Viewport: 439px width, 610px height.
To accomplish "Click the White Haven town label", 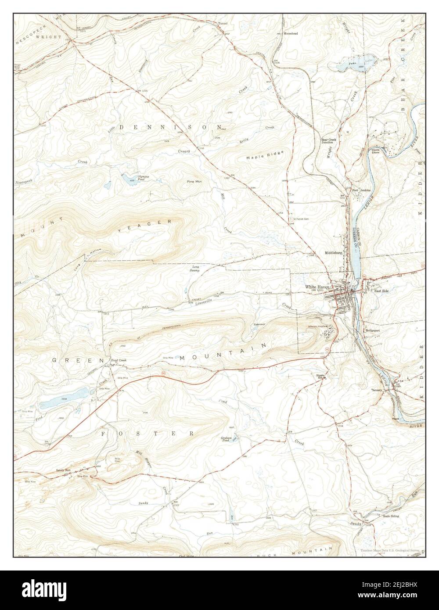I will pyautogui.click(x=317, y=287).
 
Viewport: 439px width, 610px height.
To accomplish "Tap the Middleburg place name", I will pyautogui.click(x=334, y=253).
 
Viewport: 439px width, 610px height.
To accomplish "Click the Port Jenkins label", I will pyautogui.click(x=361, y=190).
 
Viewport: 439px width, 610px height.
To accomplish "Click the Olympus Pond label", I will pyautogui.click(x=143, y=178).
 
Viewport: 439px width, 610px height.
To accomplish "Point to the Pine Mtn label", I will pyautogui.click(x=194, y=181).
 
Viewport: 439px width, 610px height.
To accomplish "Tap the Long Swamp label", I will pyautogui.click(x=195, y=269).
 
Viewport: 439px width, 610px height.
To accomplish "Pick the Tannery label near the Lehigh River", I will pyautogui.click(x=377, y=390).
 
